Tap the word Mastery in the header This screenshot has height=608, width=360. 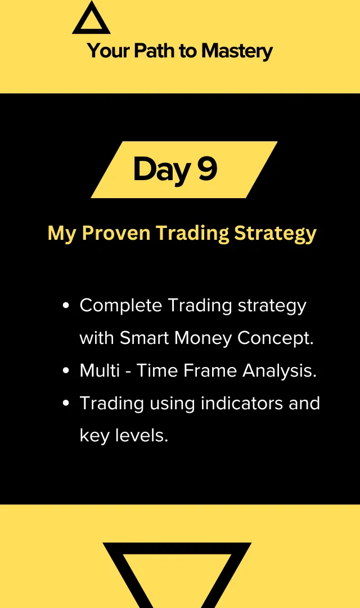tap(237, 52)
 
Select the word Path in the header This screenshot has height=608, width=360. tap(154, 51)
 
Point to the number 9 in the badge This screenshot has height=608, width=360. tap(207, 168)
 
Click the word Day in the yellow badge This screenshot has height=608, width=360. tap(162, 170)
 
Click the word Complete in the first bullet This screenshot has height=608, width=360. tap(121, 306)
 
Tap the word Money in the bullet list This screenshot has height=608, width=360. tap(203, 338)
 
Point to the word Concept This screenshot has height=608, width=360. tap(275, 339)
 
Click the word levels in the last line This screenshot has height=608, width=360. tap(142, 435)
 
